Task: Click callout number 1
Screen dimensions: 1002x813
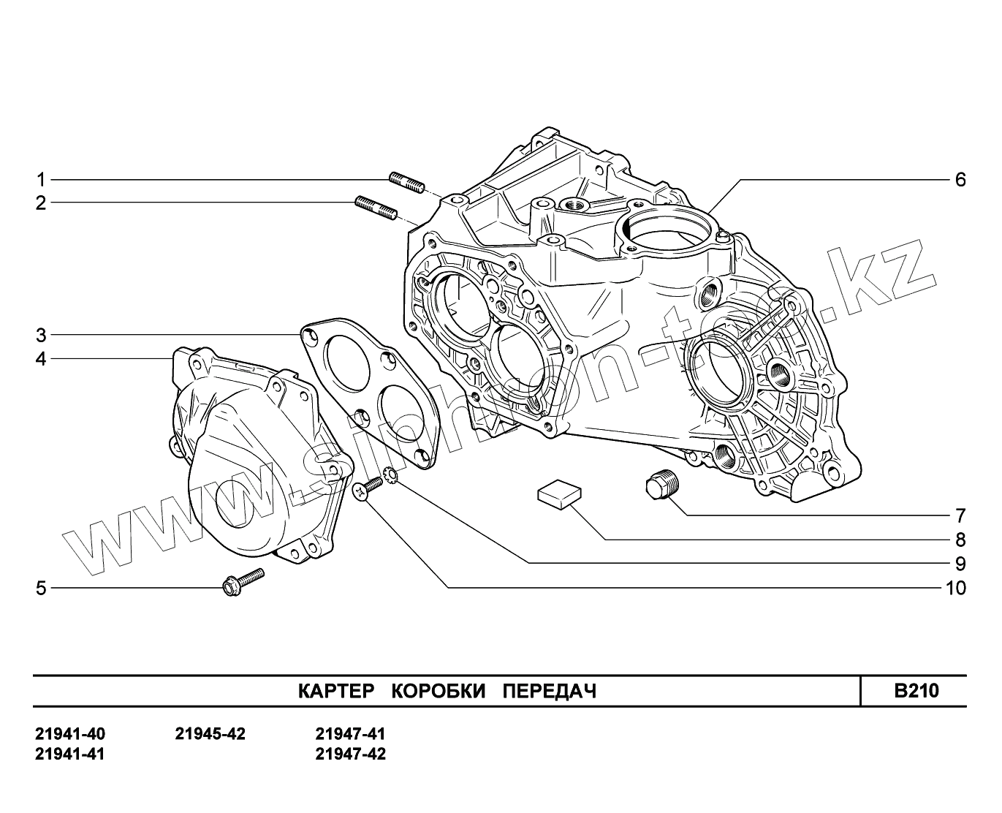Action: (x=42, y=180)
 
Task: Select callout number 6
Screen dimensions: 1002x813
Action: (x=960, y=180)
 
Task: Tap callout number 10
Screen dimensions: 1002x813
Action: (x=955, y=588)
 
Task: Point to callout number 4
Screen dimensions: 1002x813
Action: (x=42, y=359)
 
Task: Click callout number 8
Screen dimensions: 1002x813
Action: (x=960, y=540)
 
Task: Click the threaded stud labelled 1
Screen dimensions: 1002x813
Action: (x=407, y=183)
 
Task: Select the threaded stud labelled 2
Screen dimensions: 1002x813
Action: (x=376, y=208)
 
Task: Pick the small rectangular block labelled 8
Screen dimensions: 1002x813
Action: (x=559, y=494)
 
